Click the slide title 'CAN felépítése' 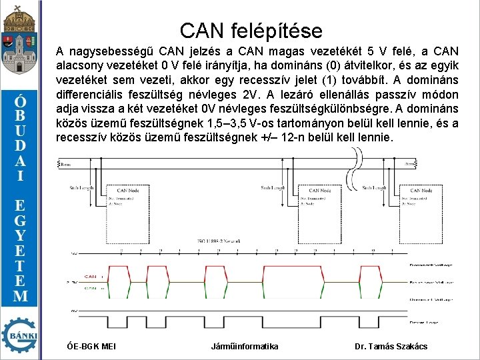(251, 30)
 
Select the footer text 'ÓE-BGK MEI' (92, 346)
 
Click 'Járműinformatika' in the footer (245, 346)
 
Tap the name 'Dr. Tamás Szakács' (391, 346)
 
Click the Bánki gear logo (21, 335)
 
